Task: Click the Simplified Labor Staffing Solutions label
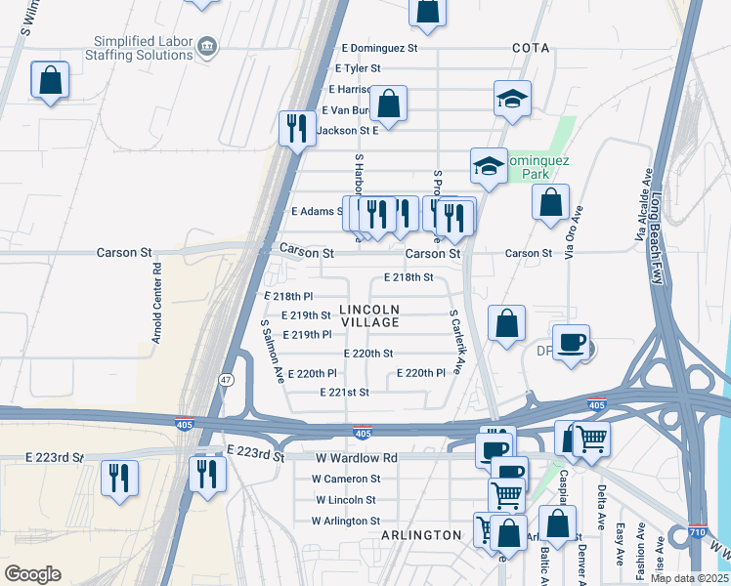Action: tap(143, 48)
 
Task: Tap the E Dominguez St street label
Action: tap(379, 47)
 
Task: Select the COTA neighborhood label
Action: tap(531, 48)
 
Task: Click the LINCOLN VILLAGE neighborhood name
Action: tap(369, 315)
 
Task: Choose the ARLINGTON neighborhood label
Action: tap(420, 535)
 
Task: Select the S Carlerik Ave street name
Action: tap(454, 342)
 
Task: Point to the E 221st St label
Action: tap(345, 392)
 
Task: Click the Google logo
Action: tap(33, 573)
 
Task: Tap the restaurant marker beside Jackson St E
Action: tap(296, 128)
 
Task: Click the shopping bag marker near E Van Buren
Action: tap(388, 104)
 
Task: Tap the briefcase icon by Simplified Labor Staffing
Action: tap(206, 46)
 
